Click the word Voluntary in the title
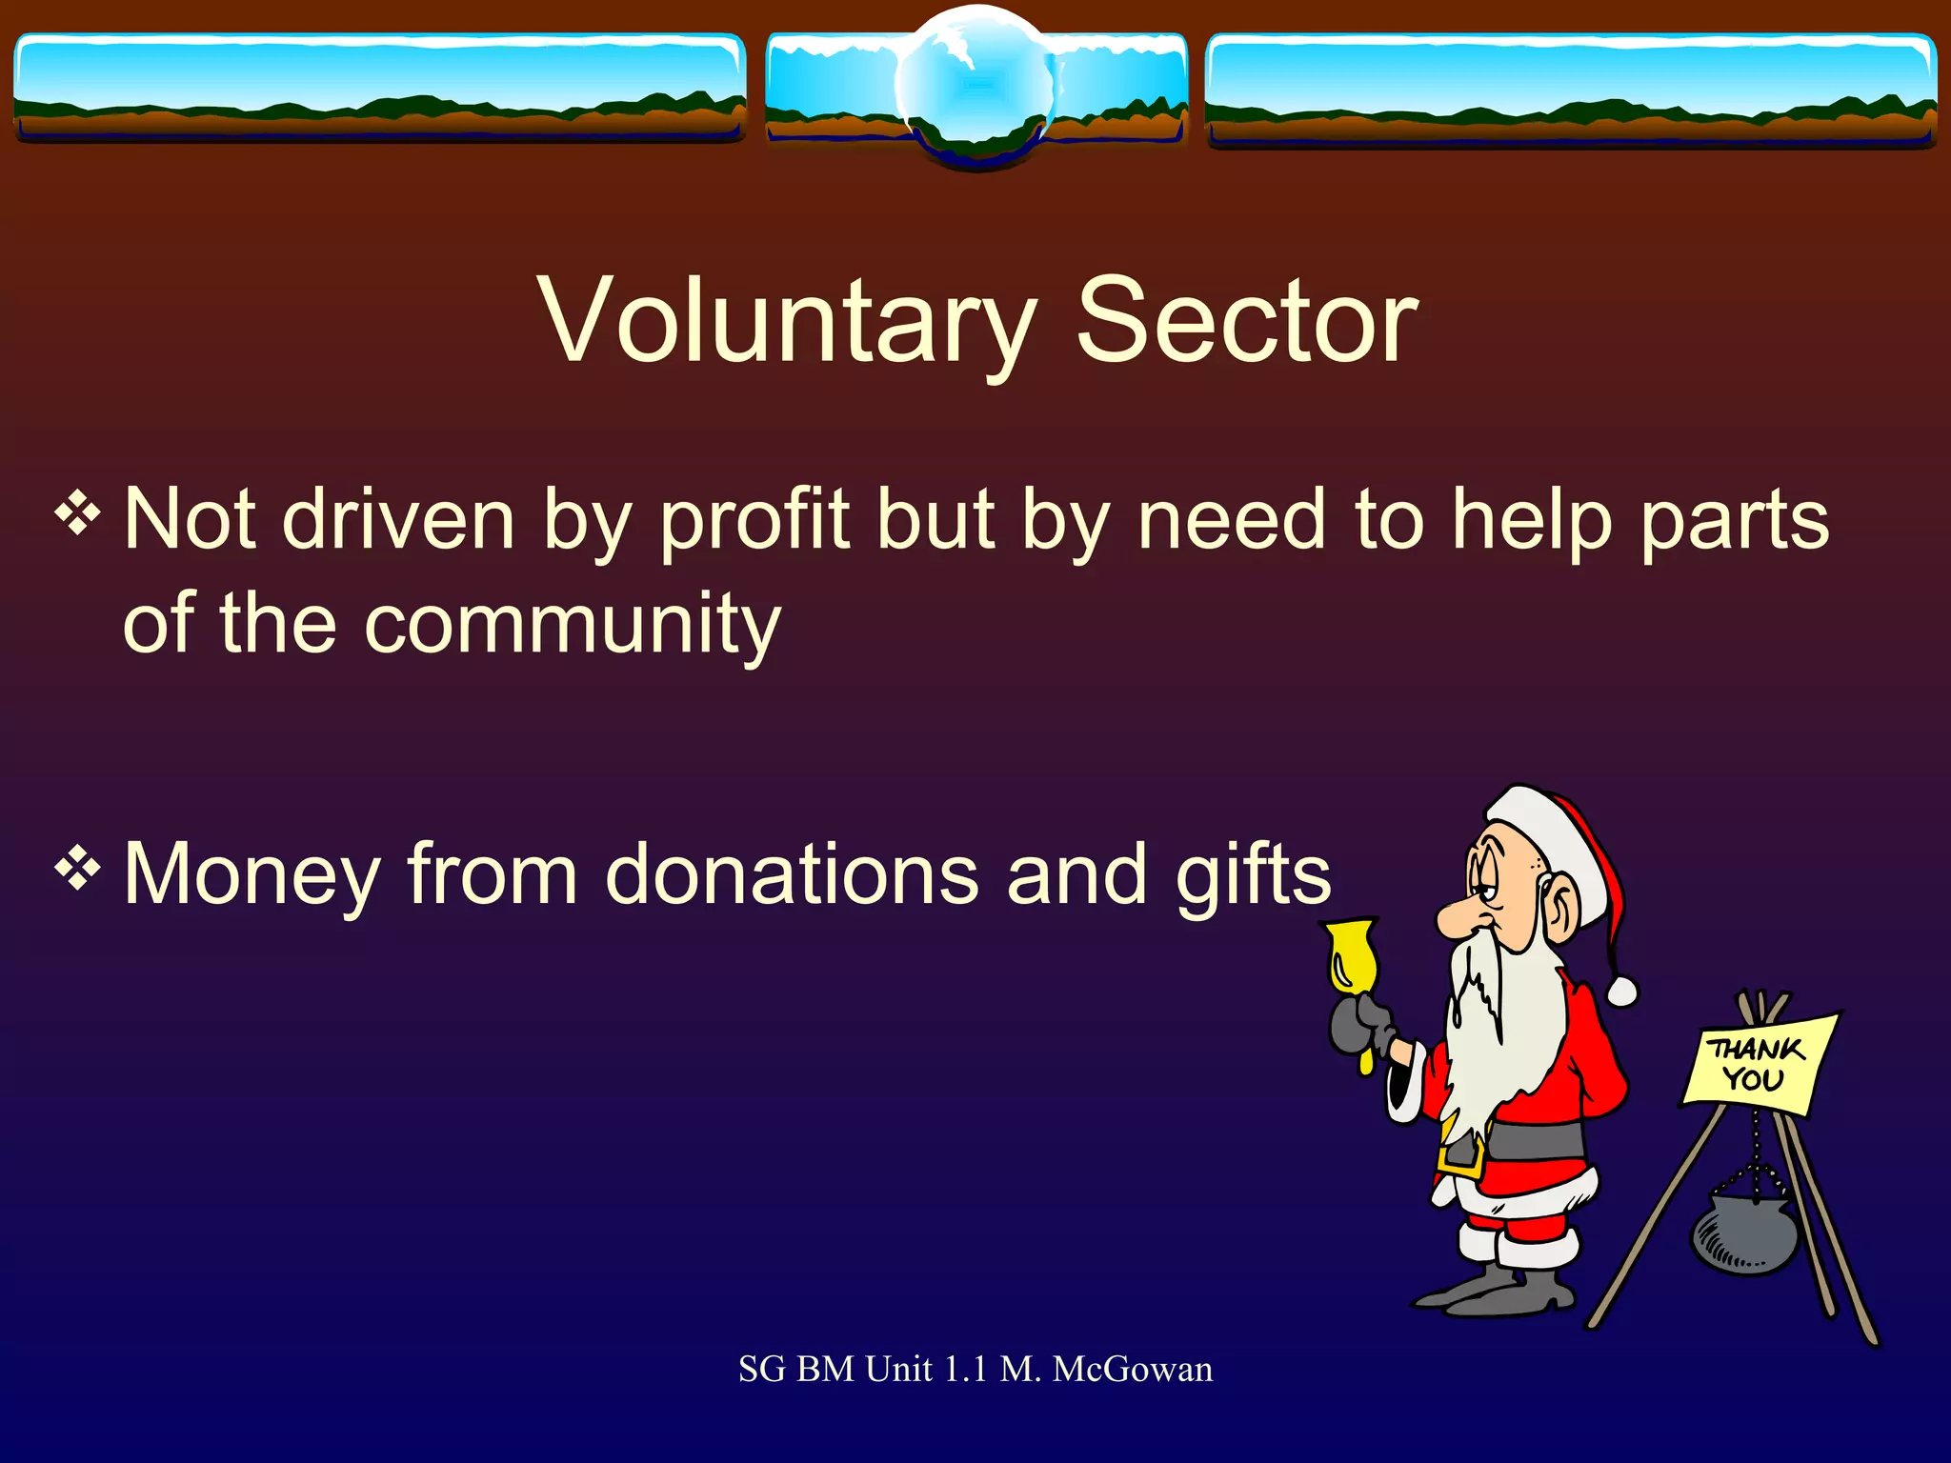787,321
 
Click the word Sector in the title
1247,321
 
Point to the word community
572,625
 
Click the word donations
791,874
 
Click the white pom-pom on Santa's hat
1620,992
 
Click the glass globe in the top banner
976,86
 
